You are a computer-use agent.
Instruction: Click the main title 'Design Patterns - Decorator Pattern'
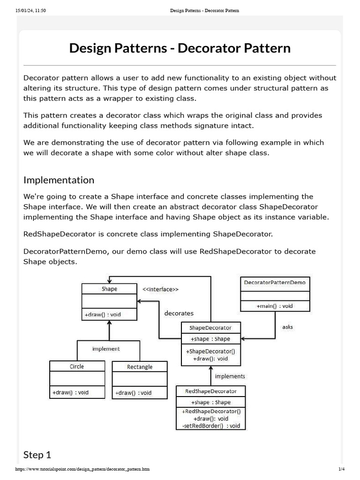tap(180, 48)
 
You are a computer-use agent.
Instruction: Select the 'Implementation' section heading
tap(59, 180)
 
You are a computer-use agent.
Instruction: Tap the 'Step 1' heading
tap(37, 454)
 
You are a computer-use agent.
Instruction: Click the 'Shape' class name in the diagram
tap(109, 289)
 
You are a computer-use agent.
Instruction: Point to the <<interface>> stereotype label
tap(160, 290)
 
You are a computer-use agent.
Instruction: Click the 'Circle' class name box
tap(77, 366)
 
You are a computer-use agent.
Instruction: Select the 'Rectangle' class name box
tap(140, 367)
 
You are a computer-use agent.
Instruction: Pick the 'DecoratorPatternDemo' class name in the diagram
tap(275, 283)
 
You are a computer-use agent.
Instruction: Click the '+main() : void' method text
tap(275, 306)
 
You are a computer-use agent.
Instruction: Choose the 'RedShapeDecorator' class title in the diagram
tap(211, 391)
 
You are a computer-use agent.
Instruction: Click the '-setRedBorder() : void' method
tap(210, 426)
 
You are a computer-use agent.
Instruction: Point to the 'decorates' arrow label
tap(179, 313)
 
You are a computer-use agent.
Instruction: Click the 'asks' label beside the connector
tap(287, 327)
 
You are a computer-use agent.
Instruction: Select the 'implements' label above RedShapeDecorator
tap(230, 376)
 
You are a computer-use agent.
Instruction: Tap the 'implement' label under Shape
tap(106, 349)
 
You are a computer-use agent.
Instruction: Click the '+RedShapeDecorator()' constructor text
tap(210, 411)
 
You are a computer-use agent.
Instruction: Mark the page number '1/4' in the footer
tap(341, 469)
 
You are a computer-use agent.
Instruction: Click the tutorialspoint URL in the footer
tap(82, 469)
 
